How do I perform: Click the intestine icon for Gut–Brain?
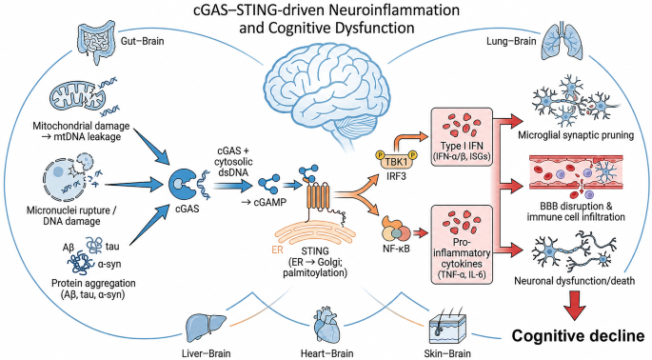point(97,39)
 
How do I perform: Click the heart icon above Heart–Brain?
point(327,326)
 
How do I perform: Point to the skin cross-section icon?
point(447,327)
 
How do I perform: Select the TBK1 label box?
point(396,160)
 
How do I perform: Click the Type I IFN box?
point(462,137)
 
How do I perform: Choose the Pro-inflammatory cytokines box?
point(462,245)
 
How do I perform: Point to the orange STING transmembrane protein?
point(318,195)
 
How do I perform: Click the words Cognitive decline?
point(578,335)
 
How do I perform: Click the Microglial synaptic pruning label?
point(576,135)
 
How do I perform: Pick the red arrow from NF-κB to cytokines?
point(420,233)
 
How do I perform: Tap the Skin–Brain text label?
point(447,353)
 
